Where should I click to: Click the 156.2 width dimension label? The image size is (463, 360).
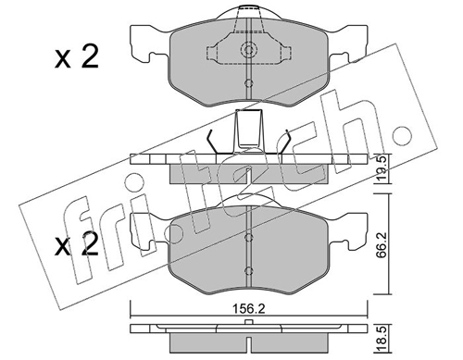(x=249, y=309)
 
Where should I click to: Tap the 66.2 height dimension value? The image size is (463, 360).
(x=382, y=243)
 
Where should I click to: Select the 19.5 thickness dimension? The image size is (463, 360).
(x=382, y=169)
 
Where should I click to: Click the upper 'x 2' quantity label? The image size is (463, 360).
(x=77, y=56)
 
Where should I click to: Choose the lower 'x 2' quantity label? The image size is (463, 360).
(x=77, y=244)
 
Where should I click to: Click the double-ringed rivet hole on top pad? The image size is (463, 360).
(x=248, y=49)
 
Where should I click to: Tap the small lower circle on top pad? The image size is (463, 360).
(x=248, y=83)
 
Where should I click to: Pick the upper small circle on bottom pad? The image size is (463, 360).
(x=248, y=237)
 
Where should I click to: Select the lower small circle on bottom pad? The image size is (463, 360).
(x=248, y=271)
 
